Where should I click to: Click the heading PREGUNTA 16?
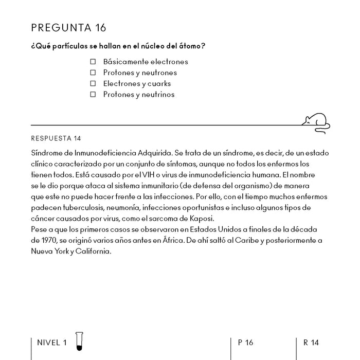pyautogui.click(x=68, y=27)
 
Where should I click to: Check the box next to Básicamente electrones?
pyautogui.click(x=93, y=62)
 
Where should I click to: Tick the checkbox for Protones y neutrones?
pyautogui.click(x=93, y=73)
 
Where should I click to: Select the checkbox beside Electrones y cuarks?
pyautogui.click(x=93, y=83)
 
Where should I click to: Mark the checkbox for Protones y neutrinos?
pyautogui.click(x=93, y=95)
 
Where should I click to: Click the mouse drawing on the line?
pyautogui.click(x=316, y=121)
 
